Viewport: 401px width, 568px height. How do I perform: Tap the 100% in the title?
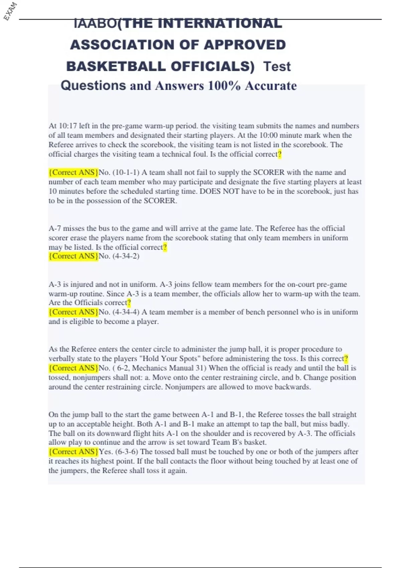[x=224, y=86]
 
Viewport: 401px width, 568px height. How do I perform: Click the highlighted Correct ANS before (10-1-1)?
[x=74, y=172]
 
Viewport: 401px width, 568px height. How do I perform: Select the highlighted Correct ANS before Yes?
[x=74, y=452]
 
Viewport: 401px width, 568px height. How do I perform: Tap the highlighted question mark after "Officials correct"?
[x=129, y=303]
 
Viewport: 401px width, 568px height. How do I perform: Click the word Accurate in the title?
[x=271, y=86]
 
